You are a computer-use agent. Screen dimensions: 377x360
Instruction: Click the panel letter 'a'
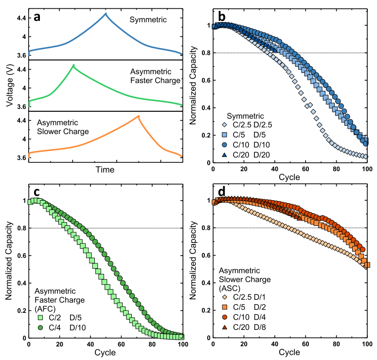coord(37,17)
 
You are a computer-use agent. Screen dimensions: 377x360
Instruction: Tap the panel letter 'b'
coord(221,16)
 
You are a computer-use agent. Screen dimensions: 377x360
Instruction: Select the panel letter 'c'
coord(36,192)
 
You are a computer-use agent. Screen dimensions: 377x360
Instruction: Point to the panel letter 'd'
coord(221,191)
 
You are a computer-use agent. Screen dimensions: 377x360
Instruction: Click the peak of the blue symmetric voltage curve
coord(106,14)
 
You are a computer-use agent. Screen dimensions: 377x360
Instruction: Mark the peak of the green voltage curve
coord(73,65)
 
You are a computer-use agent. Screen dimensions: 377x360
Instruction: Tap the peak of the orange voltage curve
coord(139,116)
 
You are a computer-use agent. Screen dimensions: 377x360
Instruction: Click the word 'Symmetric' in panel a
coord(148,19)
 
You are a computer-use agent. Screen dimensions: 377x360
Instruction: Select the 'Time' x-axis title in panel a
coord(105,170)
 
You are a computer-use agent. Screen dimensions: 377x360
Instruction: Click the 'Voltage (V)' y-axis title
coord(10,85)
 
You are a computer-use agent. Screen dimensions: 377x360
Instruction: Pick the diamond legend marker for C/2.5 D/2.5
coord(224,125)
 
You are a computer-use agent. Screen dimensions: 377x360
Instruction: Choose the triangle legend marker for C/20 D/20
coord(224,154)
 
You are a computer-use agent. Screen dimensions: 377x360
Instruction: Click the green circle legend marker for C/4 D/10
coord(40,327)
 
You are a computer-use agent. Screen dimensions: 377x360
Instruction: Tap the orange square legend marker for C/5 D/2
coord(225,307)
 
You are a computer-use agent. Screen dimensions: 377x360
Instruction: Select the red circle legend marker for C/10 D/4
coord(225,317)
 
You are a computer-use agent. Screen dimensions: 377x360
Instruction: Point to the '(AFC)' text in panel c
coord(45,309)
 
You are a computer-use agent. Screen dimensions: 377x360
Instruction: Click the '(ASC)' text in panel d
coord(230,288)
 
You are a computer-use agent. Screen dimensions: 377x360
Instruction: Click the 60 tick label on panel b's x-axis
coord(305,169)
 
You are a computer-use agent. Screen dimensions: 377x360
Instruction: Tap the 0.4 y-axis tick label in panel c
coord(21,283)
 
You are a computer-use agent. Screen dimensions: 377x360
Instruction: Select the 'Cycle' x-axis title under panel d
coord(289,352)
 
